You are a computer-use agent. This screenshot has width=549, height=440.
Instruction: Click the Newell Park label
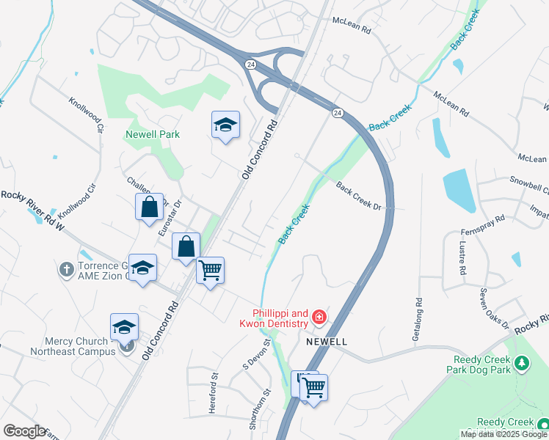(153, 134)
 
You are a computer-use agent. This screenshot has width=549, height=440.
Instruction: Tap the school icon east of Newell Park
(225, 126)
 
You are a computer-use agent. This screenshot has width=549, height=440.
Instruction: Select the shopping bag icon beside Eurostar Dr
(149, 207)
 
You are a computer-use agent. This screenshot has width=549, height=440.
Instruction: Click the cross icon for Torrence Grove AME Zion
(66, 269)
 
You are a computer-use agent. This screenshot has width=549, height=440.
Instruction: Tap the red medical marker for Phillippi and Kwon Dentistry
(319, 317)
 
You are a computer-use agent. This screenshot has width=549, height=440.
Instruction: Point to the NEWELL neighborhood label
(326, 342)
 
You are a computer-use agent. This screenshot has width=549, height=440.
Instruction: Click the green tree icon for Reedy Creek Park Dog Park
(521, 363)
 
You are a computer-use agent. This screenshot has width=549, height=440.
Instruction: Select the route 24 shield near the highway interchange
(250, 65)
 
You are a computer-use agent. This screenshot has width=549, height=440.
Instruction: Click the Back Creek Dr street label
(359, 196)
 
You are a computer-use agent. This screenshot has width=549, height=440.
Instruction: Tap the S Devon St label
(257, 354)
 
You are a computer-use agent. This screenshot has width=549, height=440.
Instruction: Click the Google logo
(24, 431)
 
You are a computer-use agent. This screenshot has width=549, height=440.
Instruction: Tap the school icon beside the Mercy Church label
(124, 328)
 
